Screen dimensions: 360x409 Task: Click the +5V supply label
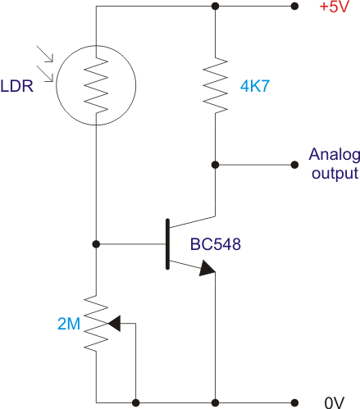pyautogui.click(x=335, y=7)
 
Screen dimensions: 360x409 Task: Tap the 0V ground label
pyautogui.click(x=335, y=402)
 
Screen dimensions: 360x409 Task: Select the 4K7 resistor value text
pyautogui.click(x=255, y=86)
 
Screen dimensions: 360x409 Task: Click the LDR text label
pyautogui.click(x=16, y=86)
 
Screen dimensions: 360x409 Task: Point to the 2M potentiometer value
pyautogui.click(x=69, y=324)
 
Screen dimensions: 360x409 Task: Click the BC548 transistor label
pyautogui.click(x=216, y=244)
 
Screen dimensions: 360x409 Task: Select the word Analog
pyautogui.click(x=335, y=156)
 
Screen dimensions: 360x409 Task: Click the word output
pyautogui.click(x=335, y=174)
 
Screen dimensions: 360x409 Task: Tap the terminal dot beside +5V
pyautogui.click(x=294, y=6)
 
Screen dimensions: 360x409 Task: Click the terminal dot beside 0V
pyautogui.click(x=294, y=402)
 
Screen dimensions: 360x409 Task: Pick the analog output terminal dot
pyautogui.click(x=294, y=165)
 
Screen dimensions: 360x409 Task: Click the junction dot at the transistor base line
pyautogui.click(x=96, y=244)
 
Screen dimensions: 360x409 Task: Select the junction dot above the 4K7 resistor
pyautogui.click(x=215, y=6)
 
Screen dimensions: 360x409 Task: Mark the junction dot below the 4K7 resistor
pyautogui.click(x=215, y=165)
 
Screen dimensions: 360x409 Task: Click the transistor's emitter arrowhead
pyautogui.click(x=207, y=268)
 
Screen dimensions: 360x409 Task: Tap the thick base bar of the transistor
pyautogui.click(x=167, y=244)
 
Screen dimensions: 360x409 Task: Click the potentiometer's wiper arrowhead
pyautogui.click(x=114, y=324)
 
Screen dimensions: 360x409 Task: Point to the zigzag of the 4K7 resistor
pyautogui.click(x=215, y=85)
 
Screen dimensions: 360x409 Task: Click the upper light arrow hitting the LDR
pyautogui.click(x=45, y=54)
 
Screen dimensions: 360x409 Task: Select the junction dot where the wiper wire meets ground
pyautogui.click(x=135, y=402)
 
